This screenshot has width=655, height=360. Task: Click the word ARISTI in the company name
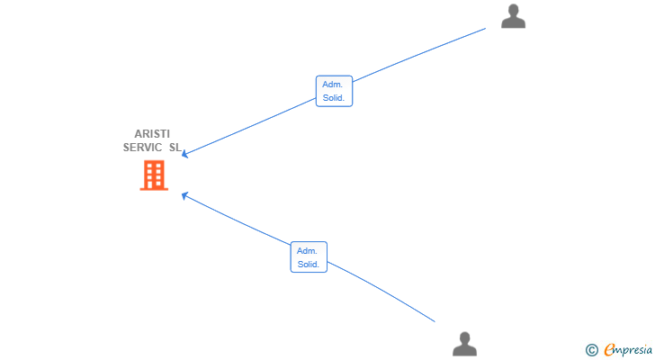tap(152, 134)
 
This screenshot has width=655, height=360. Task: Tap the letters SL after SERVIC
tap(175, 147)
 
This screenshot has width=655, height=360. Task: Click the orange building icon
tap(154, 175)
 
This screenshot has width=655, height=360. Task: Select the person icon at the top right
tap(513, 16)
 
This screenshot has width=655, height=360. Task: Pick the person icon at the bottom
tap(464, 344)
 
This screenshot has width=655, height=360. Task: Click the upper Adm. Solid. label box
tap(334, 91)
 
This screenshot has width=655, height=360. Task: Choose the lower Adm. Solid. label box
tap(309, 257)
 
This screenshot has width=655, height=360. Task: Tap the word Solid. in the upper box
tap(334, 97)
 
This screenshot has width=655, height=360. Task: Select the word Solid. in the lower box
tap(309, 265)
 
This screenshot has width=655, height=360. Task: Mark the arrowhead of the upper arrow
tap(184, 155)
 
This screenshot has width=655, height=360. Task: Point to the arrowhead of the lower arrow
tap(184, 193)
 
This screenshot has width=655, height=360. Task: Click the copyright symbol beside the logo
tap(591, 350)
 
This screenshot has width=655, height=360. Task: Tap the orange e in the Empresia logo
tap(609, 350)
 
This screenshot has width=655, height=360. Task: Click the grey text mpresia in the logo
tap(634, 350)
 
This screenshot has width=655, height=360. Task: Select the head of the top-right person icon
tap(513, 10)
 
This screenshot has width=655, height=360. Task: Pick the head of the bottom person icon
tap(464, 337)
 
